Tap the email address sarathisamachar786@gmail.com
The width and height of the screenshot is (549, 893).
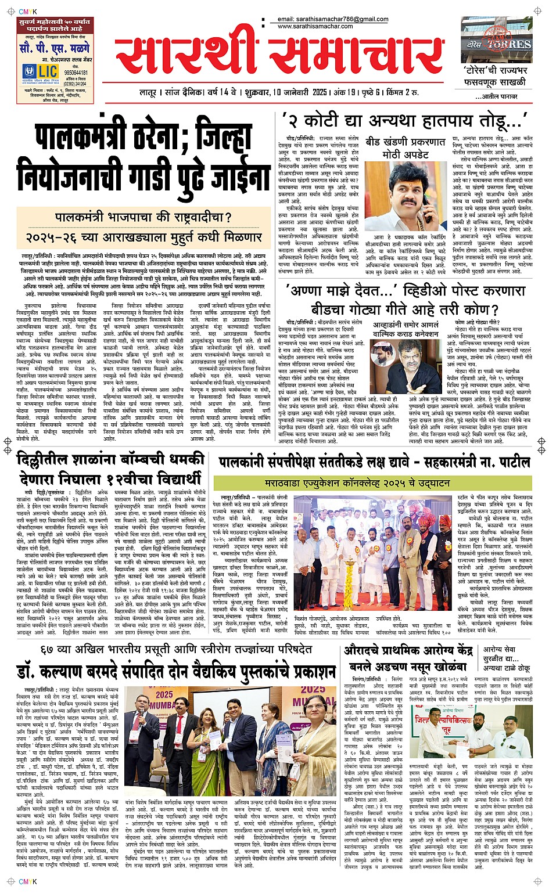(x=333, y=20)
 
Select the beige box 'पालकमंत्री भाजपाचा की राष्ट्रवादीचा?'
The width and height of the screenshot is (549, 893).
(x=143, y=218)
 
